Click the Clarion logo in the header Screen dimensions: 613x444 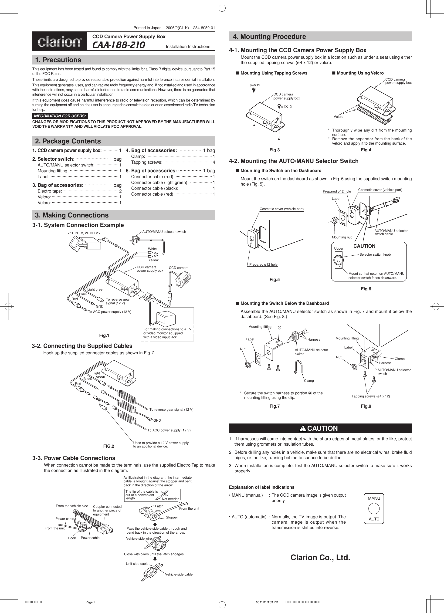point(60,42)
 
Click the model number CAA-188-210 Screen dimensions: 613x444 point(119,45)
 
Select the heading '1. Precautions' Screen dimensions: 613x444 point(58,60)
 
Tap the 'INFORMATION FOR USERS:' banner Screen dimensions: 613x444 point(60,116)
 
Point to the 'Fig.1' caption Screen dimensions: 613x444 point(104,335)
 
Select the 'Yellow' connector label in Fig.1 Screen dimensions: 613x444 point(153,260)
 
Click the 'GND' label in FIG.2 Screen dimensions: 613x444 point(157,420)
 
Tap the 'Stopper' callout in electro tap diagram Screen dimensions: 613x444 point(172,517)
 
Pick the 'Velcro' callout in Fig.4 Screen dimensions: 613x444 point(338,117)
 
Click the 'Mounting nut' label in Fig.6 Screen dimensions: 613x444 point(342,237)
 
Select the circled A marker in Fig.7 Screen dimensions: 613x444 point(279,328)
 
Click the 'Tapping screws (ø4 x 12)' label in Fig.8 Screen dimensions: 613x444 point(370,396)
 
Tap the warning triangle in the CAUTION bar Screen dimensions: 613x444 point(303,428)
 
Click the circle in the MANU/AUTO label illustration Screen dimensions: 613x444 point(374,509)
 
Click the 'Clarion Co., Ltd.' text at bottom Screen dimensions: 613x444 point(320,558)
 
